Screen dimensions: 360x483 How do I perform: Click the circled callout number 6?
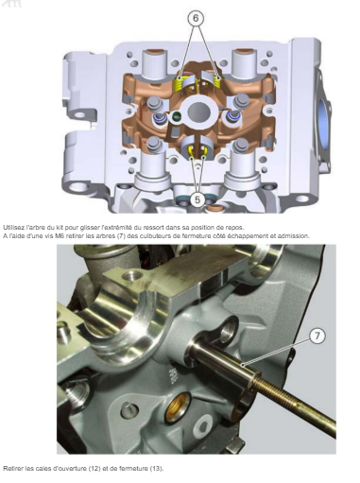[196, 19]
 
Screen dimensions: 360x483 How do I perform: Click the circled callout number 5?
[197, 199]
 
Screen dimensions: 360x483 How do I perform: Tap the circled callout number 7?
[317, 336]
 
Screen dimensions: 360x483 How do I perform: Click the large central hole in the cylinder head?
[199, 112]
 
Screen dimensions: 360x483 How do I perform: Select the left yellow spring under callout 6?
[179, 83]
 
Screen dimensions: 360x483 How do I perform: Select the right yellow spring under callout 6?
[217, 81]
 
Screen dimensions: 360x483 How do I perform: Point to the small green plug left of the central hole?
[177, 116]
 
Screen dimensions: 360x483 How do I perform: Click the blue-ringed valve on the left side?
[159, 119]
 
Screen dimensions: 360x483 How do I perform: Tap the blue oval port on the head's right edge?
[323, 120]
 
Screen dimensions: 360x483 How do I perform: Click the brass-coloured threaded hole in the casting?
[178, 407]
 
